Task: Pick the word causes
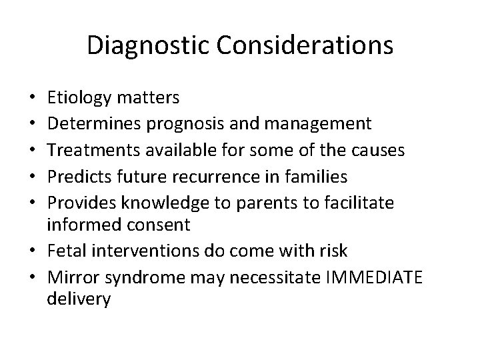(x=379, y=150)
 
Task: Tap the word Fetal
(x=63, y=250)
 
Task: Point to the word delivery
(x=79, y=300)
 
